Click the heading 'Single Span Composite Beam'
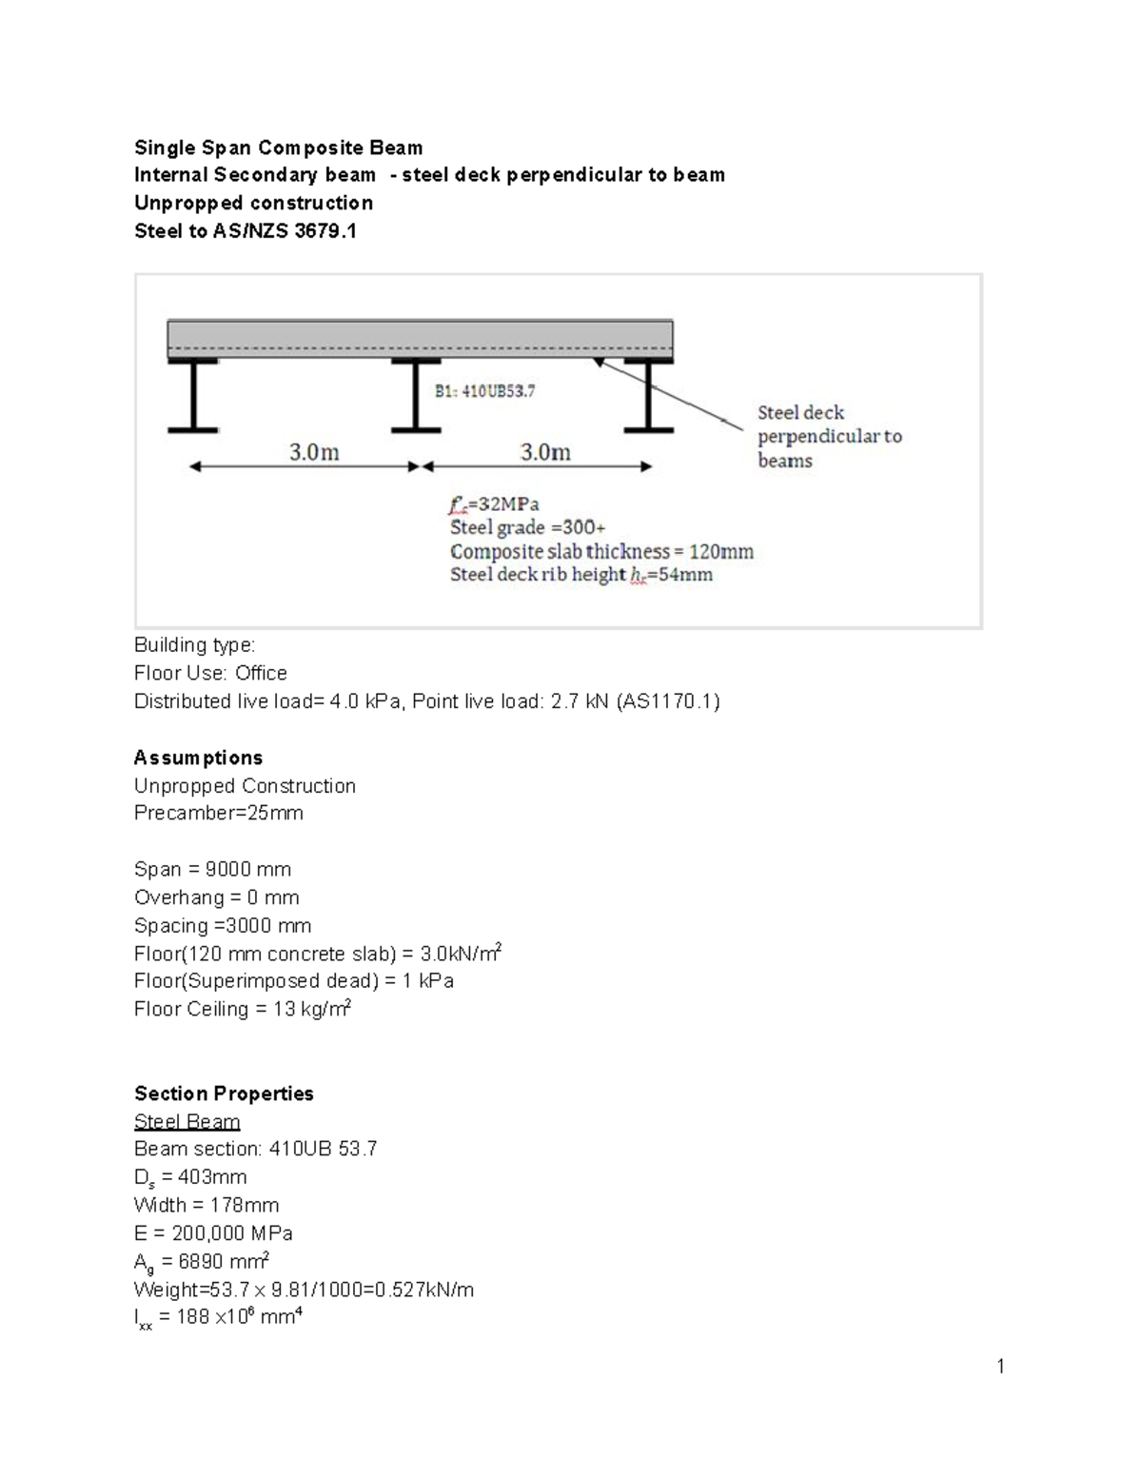click(278, 148)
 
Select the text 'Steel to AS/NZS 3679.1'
click(245, 230)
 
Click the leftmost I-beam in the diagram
click(193, 396)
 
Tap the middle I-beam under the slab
click(415, 396)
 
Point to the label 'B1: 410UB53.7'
click(484, 390)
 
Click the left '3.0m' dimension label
click(314, 452)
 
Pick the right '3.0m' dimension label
click(545, 452)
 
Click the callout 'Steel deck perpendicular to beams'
click(828, 436)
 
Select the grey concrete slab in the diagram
click(420, 338)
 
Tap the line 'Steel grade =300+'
click(527, 527)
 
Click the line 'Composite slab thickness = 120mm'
click(601, 551)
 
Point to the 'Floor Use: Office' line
click(210, 673)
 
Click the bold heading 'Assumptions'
click(198, 758)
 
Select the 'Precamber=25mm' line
click(218, 813)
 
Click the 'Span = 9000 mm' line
click(212, 869)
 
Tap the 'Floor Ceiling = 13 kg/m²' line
click(242, 1009)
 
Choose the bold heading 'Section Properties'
click(224, 1094)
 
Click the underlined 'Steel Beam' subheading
click(187, 1121)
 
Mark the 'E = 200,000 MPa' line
click(213, 1233)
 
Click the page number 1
click(1000, 1367)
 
